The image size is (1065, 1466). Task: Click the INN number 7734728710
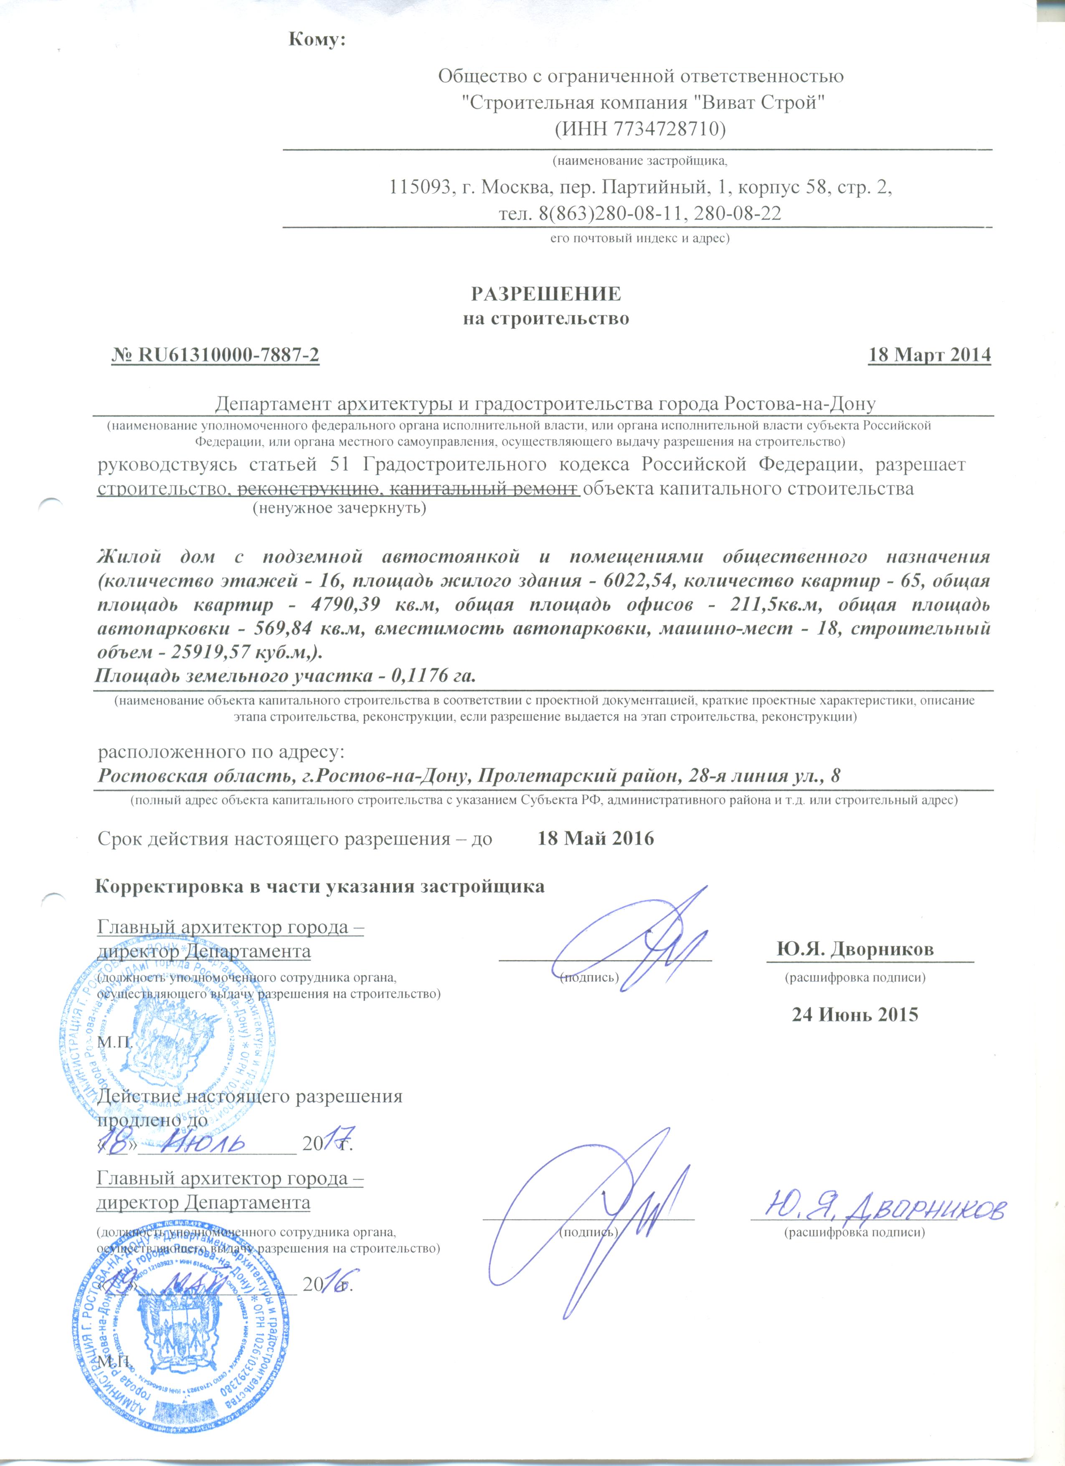(667, 129)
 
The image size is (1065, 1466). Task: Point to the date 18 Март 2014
(929, 355)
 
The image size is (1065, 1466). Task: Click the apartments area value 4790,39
(353, 605)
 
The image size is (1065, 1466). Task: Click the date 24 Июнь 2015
(855, 1014)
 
